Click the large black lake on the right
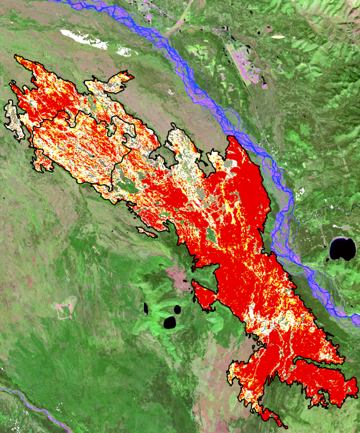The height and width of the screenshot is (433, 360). pyautogui.click(x=343, y=249)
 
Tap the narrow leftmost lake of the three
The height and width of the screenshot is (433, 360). pyautogui.click(x=146, y=309)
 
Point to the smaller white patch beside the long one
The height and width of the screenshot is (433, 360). pyautogui.click(x=126, y=50)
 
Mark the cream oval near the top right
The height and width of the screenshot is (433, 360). pyautogui.click(x=278, y=37)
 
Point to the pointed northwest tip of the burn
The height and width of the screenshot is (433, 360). pyautogui.click(x=17, y=58)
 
